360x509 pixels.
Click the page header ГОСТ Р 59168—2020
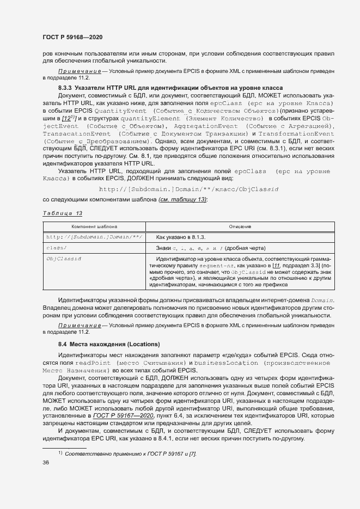72,37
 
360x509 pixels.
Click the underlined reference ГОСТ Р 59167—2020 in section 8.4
123,415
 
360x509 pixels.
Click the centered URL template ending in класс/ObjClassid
188,189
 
